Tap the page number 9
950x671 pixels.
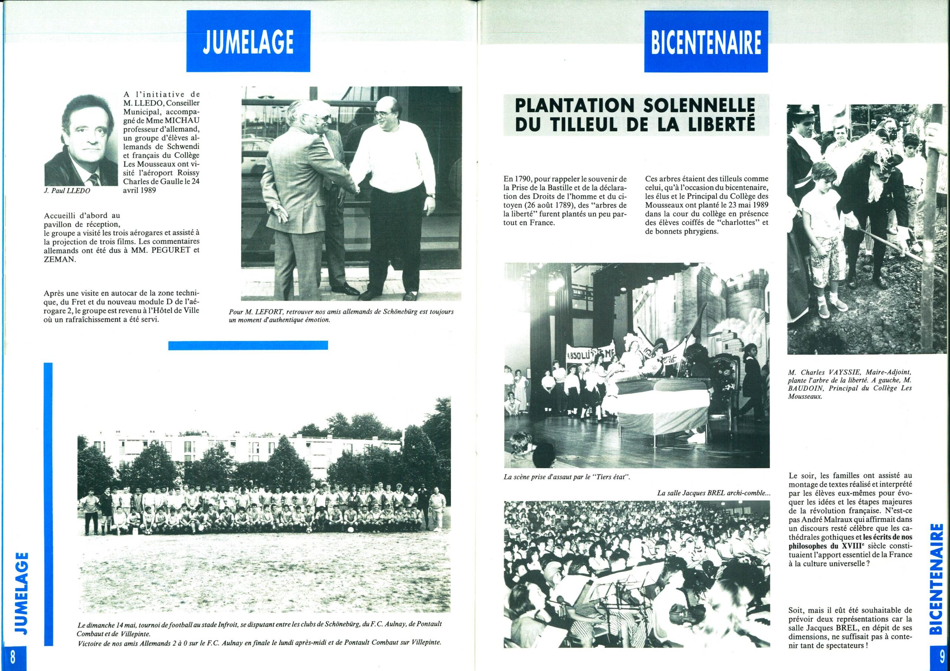coord(937,657)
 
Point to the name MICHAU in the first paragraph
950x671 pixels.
coord(181,122)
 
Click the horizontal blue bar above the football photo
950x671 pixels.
coord(248,345)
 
